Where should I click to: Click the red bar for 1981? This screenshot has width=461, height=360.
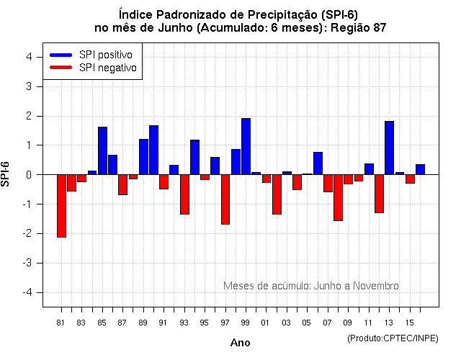pyautogui.click(x=61, y=205)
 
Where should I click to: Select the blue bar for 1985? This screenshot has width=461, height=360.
pyautogui.click(x=102, y=150)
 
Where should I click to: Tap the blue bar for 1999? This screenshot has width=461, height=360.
pyautogui.click(x=246, y=146)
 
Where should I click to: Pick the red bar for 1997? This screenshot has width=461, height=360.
pyautogui.click(x=225, y=199)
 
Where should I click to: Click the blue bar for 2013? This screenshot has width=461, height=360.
pyautogui.click(x=389, y=148)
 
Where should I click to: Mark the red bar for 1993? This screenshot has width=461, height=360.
pyautogui.click(x=184, y=194)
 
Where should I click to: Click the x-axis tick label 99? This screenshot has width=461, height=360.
pyautogui.click(x=246, y=322)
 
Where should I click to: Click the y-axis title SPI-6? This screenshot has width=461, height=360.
pyautogui.click(x=6, y=175)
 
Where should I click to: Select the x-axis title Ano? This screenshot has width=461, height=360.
pyautogui.click(x=241, y=343)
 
